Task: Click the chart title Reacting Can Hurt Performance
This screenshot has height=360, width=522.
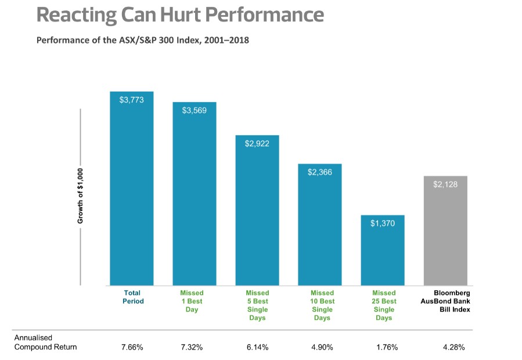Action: [x=180, y=15]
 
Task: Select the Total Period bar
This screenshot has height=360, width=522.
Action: [x=132, y=192]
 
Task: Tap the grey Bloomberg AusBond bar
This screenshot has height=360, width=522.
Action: [x=445, y=232]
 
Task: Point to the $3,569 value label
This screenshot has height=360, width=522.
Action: [x=194, y=110]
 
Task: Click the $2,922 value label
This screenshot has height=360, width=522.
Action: [x=257, y=143]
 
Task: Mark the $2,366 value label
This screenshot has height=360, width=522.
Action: [x=320, y=172]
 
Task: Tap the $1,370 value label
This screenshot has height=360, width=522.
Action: [x=382, y=223]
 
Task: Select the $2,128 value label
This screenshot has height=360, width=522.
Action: [x=445, y=184]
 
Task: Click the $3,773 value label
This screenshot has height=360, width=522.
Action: [x=131, y=100]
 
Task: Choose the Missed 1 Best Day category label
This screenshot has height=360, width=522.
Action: [x=192, y=301]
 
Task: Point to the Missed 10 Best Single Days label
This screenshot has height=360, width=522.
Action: [x=322, y=305]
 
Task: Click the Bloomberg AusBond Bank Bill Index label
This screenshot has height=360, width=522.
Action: [x=445, y=301]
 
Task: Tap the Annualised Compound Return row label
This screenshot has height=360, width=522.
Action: [x=45, y=343]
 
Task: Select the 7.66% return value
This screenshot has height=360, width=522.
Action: [x=132, y=347]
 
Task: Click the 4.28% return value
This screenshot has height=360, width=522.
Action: [x=453, y=347]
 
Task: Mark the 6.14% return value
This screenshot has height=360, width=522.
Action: [x=257, y=347]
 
